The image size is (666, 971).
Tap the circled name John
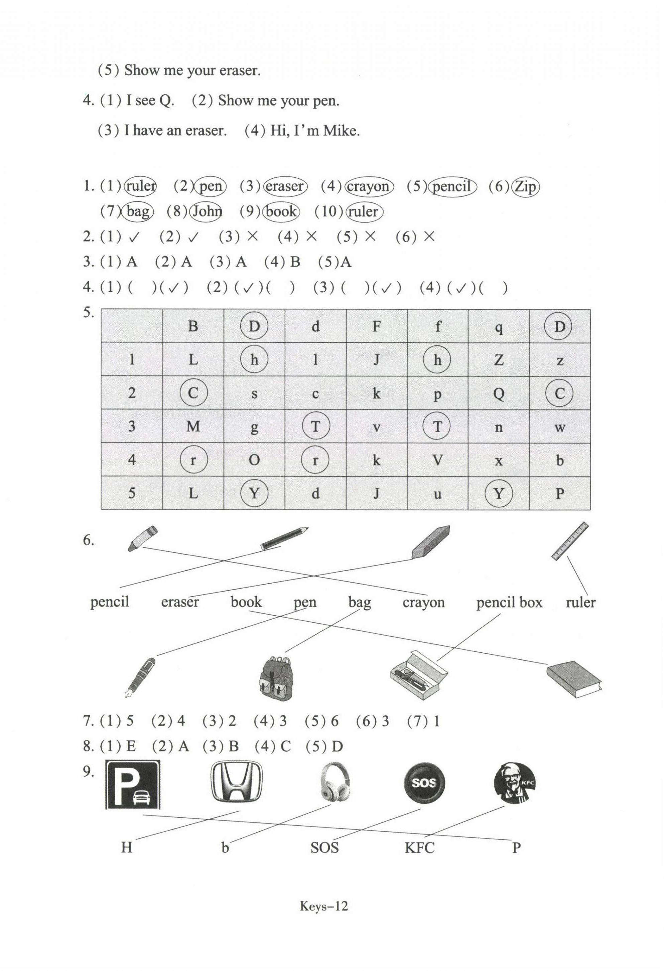(x=206, y=211)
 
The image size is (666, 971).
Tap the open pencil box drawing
(x=418, y=674)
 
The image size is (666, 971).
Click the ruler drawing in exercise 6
(x=569, y=541)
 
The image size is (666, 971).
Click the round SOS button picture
(x=424, y=783)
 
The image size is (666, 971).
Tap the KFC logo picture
(x=514, y=783)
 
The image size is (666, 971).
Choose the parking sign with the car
(x=133, y=784)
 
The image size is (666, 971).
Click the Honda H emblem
(x=236, y=781)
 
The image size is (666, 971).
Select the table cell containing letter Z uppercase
(x=498, y=359)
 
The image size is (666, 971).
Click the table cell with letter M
(x=193, y=426)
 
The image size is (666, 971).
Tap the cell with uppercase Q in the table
(x=498, y=393)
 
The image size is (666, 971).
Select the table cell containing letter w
(x=559, y=426)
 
